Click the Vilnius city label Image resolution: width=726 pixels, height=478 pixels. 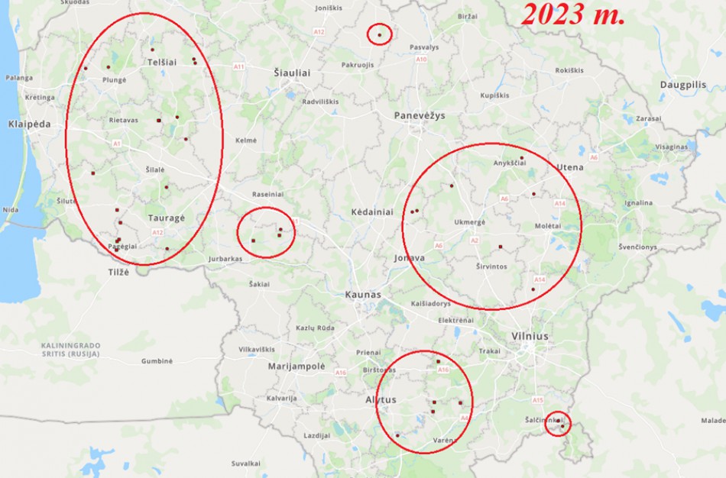(531, 336)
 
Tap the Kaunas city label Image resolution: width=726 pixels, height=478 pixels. (363, 294)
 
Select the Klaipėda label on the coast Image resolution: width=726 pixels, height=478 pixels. (29, 124)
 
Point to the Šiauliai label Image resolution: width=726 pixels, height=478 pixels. (292, 73)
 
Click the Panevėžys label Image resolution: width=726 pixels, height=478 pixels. (419, 115)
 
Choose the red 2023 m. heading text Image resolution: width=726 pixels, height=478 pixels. (573, 15)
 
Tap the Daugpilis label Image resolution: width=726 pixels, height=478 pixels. (683, 85)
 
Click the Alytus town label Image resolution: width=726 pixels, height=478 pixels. (381, 399)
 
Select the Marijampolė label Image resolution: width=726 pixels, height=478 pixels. (297, 367)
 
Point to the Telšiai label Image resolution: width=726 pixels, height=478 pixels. (164, 62)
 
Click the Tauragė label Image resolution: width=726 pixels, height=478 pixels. (166, 218)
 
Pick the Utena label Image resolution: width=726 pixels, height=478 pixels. (570, 167)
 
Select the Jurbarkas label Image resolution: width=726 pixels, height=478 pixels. (225, 259)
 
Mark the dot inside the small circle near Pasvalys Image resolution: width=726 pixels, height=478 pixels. (379, 34)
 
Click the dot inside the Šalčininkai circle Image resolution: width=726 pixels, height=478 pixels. (562, 426)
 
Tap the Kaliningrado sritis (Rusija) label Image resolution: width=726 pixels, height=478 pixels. (70, 350)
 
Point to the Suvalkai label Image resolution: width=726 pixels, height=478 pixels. (246, 463)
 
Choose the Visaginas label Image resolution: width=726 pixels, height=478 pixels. (672, 147)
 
